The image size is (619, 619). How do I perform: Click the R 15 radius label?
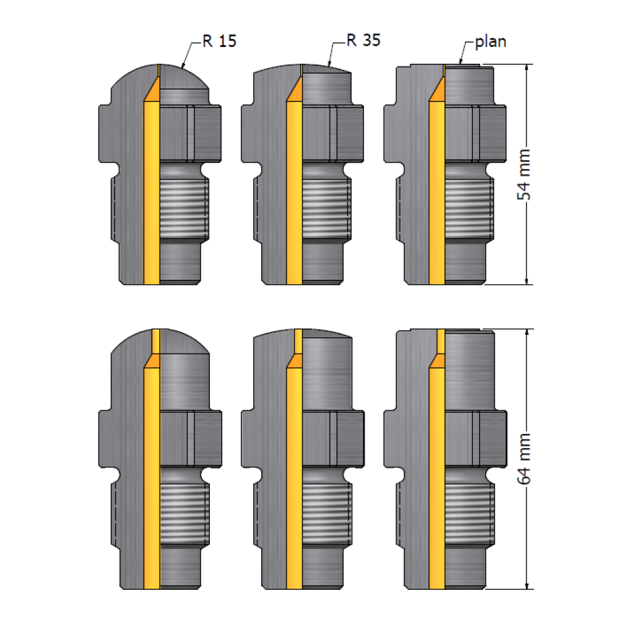click(219, 41)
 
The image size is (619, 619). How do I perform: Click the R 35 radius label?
click(363, 40)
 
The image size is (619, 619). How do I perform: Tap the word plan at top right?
click(490, 42)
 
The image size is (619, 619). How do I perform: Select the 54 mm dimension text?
click(524, 175)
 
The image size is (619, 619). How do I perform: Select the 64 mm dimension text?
click(524, 459)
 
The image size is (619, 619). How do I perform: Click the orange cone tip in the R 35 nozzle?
click(295, 89)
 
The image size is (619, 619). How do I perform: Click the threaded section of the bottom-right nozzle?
click(470, 513)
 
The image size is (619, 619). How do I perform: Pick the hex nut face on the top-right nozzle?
click(475, 133)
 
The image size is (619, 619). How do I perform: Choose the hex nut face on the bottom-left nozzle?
click(191, 439)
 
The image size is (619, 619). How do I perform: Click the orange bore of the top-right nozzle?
click(437, 193)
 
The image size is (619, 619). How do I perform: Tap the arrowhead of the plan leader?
click(461, 61)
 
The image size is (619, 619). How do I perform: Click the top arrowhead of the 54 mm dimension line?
click(527, 68)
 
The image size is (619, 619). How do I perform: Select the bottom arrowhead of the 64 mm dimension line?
click(527, 585)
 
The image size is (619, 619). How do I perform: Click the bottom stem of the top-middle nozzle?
click(322, 263)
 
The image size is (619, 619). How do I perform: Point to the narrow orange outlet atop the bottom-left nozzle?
click(156, 341)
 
